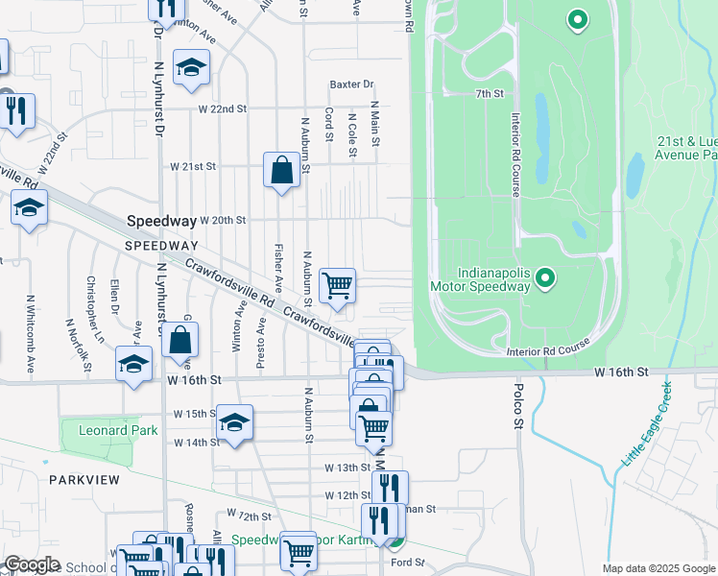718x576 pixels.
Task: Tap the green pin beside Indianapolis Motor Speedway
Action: click(545, 279)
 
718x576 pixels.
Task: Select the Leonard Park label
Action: click(109, 431)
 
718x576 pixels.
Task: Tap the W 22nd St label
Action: click(223, 109)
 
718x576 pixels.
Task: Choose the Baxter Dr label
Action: click(351, 84)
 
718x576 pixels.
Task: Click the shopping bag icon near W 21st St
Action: click(280, 171)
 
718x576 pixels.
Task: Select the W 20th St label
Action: click(222, 220)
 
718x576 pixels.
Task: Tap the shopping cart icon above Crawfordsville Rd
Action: click(337, 285)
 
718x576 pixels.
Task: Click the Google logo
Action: click(31, 565)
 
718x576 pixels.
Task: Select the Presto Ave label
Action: click(260, 343)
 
